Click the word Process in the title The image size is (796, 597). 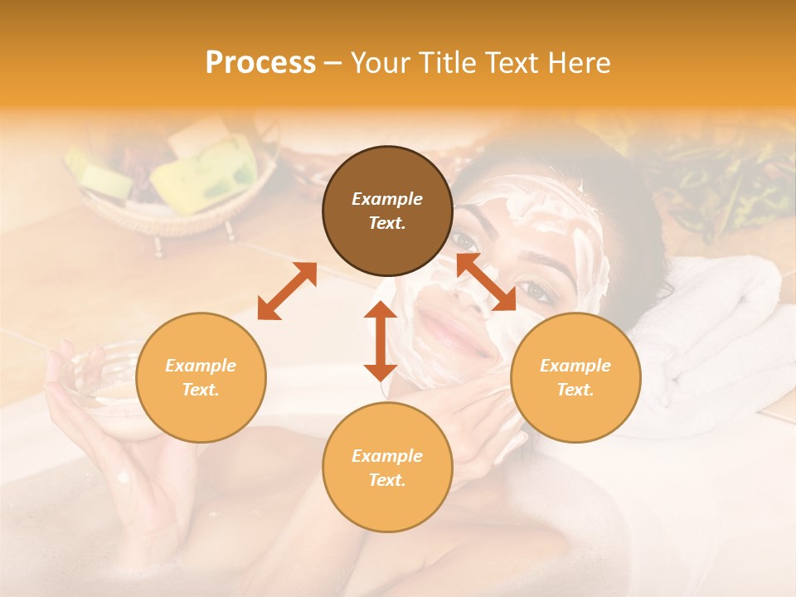pos(260,63)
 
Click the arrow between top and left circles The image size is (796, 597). pos(287,291)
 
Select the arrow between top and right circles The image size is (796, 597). pos(486,282)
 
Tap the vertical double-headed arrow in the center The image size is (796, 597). pos(381,341)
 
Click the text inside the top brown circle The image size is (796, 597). pos(387,211)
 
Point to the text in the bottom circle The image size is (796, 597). pos(387,468)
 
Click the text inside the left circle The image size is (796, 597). pos(201,377)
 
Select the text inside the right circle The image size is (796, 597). pos(575,377)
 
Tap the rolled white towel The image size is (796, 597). pos(721,332)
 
